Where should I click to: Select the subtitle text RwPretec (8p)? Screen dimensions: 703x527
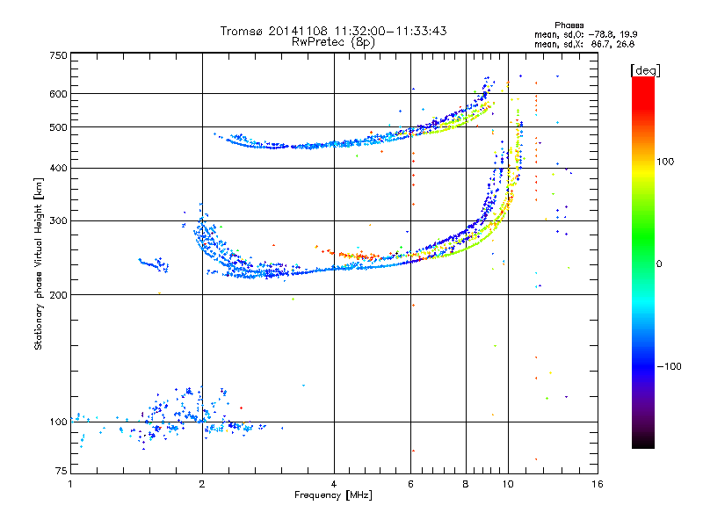333,42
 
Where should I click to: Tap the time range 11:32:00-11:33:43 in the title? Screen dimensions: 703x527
390,31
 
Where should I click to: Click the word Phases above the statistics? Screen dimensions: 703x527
569,25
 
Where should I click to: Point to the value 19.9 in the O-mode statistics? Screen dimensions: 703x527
629,34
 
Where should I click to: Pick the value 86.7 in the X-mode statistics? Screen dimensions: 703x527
599,44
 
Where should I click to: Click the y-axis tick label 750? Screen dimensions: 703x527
59,55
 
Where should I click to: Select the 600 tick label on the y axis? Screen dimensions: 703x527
59,94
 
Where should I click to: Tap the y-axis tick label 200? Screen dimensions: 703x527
59,295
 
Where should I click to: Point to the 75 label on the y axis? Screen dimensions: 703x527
62,471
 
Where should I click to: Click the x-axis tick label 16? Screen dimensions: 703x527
598,484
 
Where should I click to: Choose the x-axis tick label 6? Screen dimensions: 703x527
410,484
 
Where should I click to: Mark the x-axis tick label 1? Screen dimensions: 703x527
71,484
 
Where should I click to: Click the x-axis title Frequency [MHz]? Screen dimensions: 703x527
333,495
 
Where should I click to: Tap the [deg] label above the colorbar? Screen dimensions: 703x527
645,70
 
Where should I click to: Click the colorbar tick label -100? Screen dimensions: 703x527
669,366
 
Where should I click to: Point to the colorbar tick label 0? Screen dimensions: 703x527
659,264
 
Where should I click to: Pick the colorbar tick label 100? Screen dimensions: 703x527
665,162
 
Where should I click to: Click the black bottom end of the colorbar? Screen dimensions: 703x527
643,444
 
